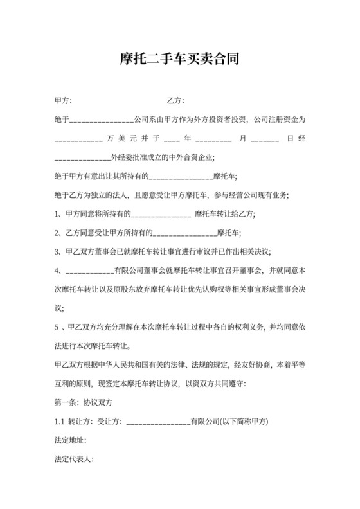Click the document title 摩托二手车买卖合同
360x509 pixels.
[180, 60]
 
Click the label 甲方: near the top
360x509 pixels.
[64, 100]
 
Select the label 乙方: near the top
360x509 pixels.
[175, 100]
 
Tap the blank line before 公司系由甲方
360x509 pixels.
[100, 120]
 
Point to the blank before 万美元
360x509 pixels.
[78, 139]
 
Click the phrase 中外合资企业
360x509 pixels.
[192, 157]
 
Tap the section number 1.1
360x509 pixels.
[59, 422]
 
